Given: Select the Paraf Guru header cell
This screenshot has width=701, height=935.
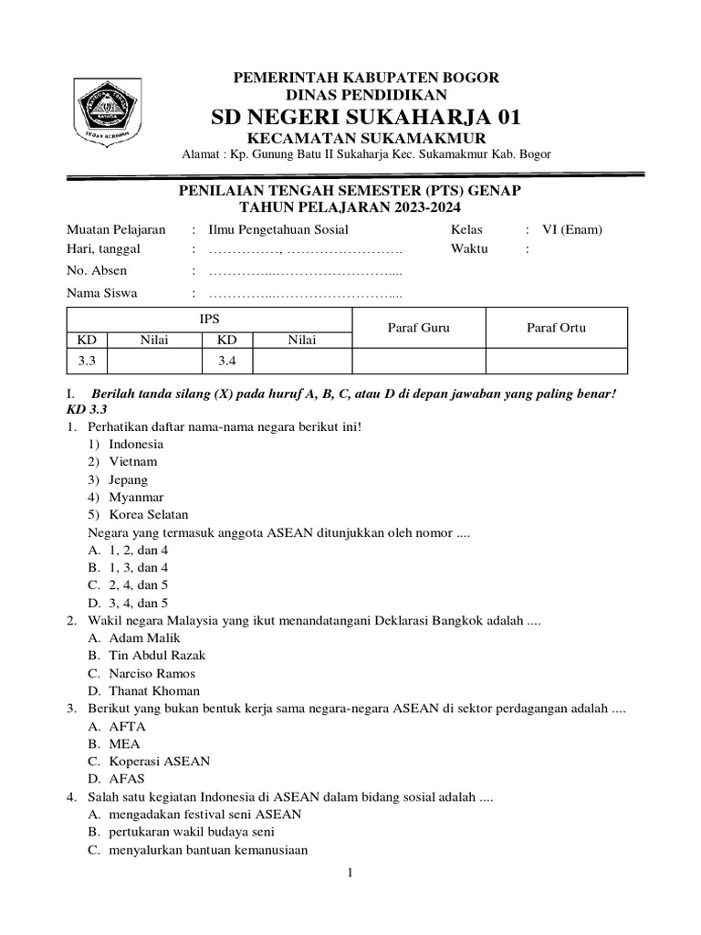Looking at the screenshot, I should [x=418, y=328].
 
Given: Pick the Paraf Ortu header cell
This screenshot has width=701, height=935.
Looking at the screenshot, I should [x=556, y=328].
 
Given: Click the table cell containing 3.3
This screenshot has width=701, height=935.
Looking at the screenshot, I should [x=87, y=362].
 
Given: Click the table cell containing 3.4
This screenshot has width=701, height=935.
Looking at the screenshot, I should [x=227, y=362].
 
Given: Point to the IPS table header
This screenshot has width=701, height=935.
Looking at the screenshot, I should [x=210, y=319].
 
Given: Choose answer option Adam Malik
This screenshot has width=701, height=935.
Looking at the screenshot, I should [x=144, y=638].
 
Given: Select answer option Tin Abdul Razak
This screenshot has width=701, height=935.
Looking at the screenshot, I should [x=157, y=656].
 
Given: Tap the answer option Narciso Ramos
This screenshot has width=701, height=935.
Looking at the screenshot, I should [x=152, y=674].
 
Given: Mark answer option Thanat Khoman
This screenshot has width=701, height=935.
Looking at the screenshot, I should [x=153, y=691].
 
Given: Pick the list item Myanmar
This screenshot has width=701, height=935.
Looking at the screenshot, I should [x=136, y=498].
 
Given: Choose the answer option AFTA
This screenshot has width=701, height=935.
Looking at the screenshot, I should [x=127, y=727].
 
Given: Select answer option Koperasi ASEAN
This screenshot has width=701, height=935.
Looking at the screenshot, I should [x=159, y=762].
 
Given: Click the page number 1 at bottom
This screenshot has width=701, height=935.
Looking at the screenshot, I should [x=350, y=874].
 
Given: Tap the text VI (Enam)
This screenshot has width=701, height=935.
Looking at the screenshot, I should [x=570, y=230].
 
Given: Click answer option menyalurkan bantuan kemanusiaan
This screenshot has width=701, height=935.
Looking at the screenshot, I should [x=207, y=850].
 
